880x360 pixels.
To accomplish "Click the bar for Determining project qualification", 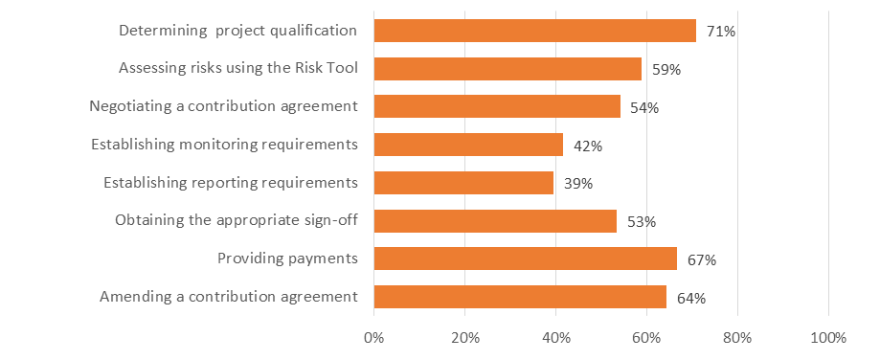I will [534, 31].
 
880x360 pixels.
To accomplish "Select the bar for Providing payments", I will [525, 259].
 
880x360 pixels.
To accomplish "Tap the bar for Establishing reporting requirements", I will [463, 183].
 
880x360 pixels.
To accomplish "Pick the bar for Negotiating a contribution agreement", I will [497, 106].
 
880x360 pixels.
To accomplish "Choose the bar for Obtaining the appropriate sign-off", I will [495, 221].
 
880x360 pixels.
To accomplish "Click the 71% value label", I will [720, 32].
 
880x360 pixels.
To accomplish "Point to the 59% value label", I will [666, 70].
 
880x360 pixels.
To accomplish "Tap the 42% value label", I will [587, 146].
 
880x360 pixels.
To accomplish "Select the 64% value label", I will [690, 298].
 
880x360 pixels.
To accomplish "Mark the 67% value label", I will [701, 259].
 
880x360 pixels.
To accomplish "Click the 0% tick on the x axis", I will [373, 338].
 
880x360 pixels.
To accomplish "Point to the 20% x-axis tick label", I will [464, 338].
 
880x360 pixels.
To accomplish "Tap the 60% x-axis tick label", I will [646, 338].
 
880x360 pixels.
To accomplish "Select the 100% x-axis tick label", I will [828, 338].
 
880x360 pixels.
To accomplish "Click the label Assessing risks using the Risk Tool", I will [238, 68].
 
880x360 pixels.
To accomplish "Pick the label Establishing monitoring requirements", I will [224, 145].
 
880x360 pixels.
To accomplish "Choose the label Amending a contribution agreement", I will [229, 297].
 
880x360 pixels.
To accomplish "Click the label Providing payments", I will [287, 259].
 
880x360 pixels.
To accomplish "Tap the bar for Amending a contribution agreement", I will [520, 297].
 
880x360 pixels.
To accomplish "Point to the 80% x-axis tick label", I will [737, 338].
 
